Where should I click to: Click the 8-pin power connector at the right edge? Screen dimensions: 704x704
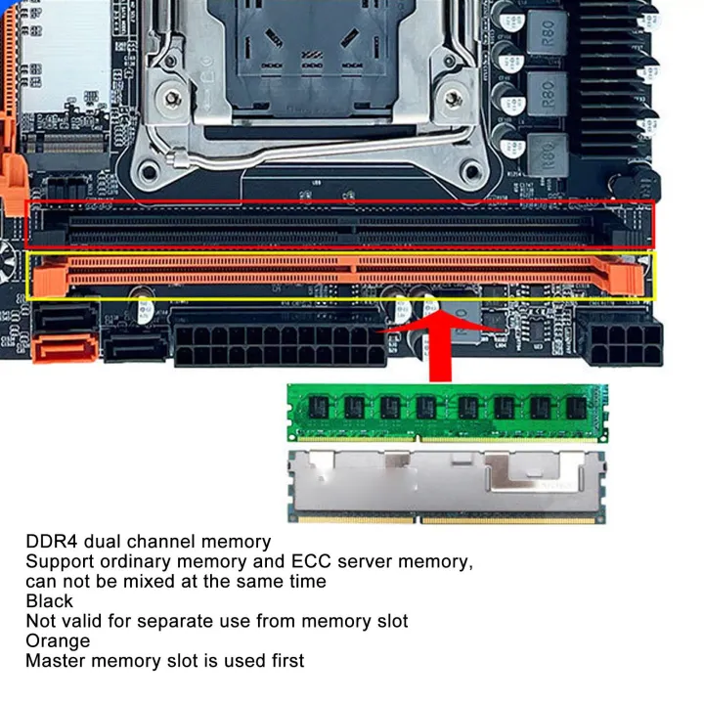620,342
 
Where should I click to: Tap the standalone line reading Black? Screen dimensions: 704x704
49,601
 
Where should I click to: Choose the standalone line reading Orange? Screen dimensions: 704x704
58,641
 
